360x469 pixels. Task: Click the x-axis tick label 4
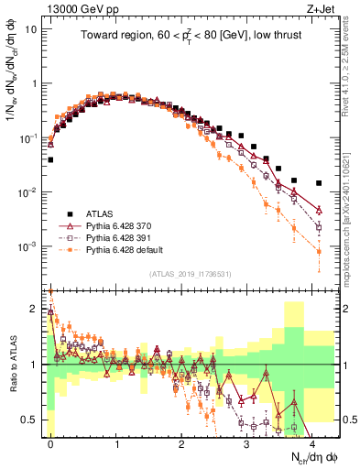[312, 442]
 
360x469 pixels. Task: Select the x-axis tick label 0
[50, 442]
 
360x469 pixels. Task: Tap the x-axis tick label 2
[181, 442]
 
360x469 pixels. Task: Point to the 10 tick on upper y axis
[30, 28]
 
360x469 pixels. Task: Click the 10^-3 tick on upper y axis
[27, 247]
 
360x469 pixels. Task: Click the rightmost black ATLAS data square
[319, 183]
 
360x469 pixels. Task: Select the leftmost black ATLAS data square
[50, 159]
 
